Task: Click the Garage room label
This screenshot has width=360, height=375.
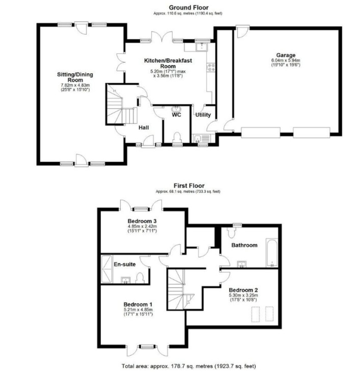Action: (x=286, y=55)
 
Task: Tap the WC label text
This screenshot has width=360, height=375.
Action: (x=176, y=115)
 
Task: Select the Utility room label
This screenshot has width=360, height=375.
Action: (x=203, y=115)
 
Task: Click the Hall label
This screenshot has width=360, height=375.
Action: (x=144, y=127)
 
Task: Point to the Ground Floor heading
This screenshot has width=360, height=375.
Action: (x=189, y=8)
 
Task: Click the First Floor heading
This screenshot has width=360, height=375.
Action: (x=189, y=186)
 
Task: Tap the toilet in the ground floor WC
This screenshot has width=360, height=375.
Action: (x=177, y=137)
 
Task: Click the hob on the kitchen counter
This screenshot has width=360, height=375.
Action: (x=211, y=67)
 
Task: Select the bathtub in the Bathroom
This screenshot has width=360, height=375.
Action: (x=272, y=253)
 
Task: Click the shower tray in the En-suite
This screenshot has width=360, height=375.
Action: (x=107, y=269)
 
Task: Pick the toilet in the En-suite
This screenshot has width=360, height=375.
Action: (x=140, y=278)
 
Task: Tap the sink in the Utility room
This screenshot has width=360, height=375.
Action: (x=202, y=138)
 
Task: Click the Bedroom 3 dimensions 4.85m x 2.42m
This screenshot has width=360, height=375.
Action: (x=142, y=226)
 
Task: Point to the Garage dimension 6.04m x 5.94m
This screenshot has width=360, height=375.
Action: (x=286, y=60)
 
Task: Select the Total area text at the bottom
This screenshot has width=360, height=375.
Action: (x=189, y=366)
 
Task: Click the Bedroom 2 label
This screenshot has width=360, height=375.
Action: (x=243, y=290)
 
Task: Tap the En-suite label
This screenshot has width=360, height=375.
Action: (x=124, y=264)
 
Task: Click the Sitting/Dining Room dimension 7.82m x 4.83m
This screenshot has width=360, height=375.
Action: (x=75, y=85)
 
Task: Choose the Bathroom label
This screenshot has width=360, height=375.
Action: (x=244, y=245)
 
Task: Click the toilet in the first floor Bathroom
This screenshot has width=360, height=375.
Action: (x=231, y=232)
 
